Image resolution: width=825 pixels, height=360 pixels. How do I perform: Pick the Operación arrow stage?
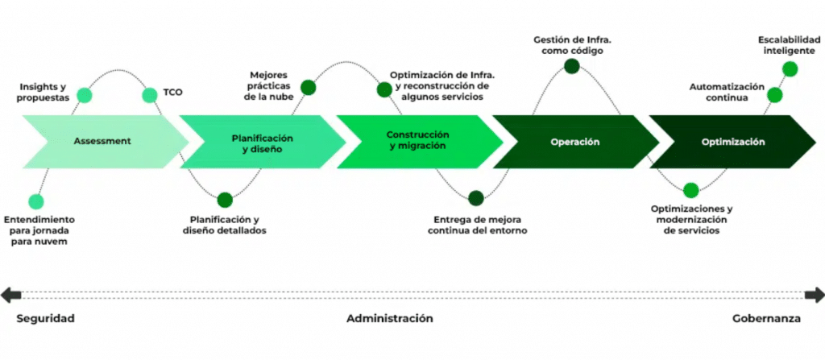574,142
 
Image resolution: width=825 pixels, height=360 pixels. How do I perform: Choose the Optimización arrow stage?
732,142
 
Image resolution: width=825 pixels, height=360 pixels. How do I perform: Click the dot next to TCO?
150,95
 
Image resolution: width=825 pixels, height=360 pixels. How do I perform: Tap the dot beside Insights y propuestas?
84,95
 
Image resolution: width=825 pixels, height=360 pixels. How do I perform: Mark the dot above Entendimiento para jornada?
35,201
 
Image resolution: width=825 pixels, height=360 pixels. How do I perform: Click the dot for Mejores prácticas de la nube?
308,87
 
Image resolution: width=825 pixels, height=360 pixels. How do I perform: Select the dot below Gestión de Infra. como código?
572,68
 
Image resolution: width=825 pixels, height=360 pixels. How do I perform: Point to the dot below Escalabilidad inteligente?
790,69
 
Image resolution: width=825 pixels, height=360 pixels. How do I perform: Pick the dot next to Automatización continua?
775,95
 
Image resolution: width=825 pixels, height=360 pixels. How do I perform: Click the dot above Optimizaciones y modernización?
690,191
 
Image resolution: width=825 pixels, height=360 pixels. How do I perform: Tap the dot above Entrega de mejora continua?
476,197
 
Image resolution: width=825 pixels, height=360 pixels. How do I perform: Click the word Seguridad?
45,319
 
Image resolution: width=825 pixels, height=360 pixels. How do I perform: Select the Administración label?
390,319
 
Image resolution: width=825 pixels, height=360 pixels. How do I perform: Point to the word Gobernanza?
766,319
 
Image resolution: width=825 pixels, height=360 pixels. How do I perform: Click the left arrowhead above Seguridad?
7,295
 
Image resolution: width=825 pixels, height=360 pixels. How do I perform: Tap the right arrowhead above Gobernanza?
817,295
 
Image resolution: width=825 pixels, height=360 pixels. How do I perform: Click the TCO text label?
173,92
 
